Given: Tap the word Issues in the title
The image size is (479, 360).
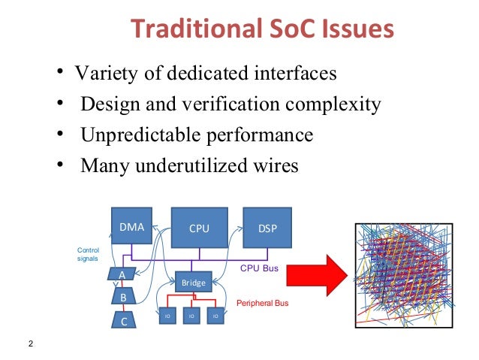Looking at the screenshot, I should pyautogui.click(x=355, y=29).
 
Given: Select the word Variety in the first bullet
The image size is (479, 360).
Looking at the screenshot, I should pyautogui.click(x=102, y=74).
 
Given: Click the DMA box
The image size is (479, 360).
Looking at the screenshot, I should pyautogui.click(x=132, y=225).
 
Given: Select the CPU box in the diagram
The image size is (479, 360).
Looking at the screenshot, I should pyautogui.click(x=199, y=227).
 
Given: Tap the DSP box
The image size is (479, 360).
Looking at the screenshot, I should pyautogui.click(x=267, y=227).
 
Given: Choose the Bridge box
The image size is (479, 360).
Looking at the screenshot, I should pyautogui.click(x=194, y=282).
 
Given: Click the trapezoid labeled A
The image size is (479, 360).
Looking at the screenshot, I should pyautogui.click(x=122, y=275).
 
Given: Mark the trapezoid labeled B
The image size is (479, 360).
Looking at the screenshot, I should pyautogui.click(x=123, y=298).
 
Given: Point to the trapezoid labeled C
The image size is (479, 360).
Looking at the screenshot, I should pyautogui.click(x=124, y=321).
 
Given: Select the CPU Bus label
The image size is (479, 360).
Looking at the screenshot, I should pyautogui.click(x=260, y=268).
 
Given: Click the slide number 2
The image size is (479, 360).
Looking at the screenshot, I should pyautogui.click(x=30, y=344).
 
